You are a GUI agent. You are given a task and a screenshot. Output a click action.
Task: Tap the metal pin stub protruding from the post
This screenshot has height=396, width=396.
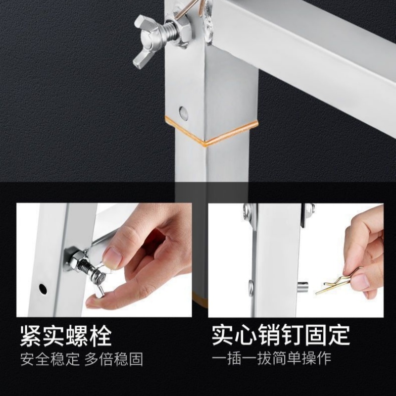point(302,286)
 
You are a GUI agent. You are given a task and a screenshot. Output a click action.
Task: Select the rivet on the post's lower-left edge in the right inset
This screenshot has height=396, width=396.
point(251,287)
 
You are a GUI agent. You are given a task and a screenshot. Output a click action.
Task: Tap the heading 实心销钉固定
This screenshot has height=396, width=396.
point(281,335)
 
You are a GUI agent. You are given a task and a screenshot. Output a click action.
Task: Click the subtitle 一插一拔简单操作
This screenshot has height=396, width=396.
point(272,358)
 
